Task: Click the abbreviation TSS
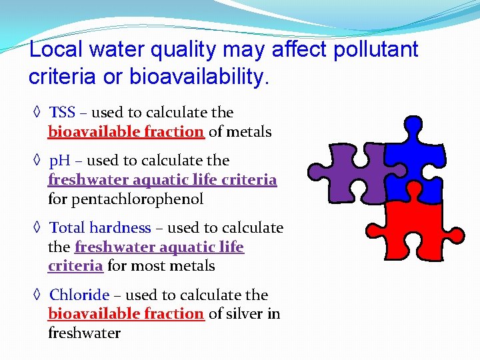pos(63,113)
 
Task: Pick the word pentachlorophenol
pos(125,199)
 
